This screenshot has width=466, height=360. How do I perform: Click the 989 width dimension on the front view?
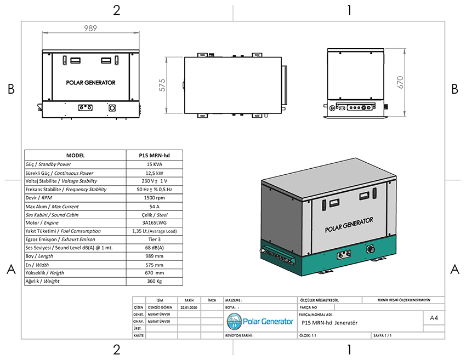pos(90,28)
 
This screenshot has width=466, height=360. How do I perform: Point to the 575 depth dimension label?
pos(162,85)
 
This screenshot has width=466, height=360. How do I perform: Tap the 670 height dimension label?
pos(400,82)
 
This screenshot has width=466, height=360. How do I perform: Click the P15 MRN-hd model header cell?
pos(154,156)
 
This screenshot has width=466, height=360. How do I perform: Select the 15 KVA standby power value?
pos(154,164)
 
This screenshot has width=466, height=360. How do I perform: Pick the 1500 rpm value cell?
pos(154,198)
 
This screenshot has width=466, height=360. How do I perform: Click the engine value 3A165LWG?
pos(154,223)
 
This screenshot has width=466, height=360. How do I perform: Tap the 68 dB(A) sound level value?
pos(154,248)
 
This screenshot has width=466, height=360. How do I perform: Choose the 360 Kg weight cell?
pos(154,281)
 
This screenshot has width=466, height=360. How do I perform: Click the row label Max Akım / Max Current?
pos(52,207)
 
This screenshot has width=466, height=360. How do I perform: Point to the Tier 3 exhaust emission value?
pos(154,239)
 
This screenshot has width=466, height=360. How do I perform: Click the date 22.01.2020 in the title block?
pos(189,308)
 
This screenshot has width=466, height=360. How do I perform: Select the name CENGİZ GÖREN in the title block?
pos(160,308)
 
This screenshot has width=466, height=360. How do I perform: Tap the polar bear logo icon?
pos(235,322)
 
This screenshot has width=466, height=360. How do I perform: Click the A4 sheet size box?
pos(434,318)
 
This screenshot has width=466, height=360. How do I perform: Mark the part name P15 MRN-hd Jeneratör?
pos(329,323)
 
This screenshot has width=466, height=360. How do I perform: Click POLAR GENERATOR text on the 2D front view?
pos(90,83)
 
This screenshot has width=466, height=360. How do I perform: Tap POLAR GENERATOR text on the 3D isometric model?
pos(349,225)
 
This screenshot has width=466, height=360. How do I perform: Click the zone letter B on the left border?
pos(11,89)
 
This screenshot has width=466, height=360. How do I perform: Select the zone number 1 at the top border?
pos(349,10)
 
